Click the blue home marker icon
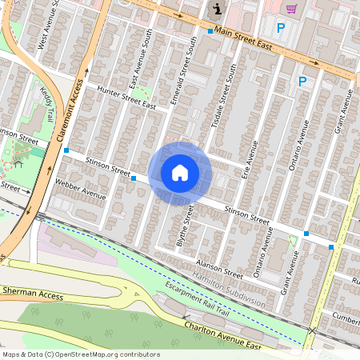[x=180, y=172]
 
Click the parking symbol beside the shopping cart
[x=280, y=28]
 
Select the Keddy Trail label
[x=49, y=104]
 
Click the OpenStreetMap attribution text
[x=80, y=354]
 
